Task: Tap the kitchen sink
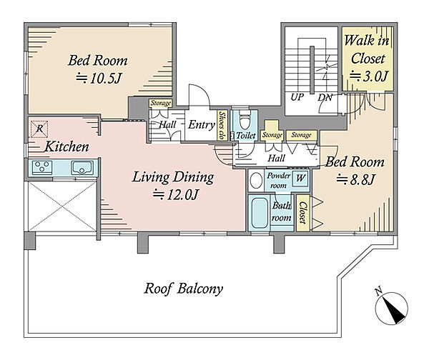tap(82, 168)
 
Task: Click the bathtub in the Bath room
tap(259, 213)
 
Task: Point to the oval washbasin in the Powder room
tap(257, 181)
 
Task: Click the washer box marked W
tap(300, 179)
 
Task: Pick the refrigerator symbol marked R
tap(39, 129)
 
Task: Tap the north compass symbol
tap(391, 308)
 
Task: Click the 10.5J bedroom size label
tap(98, 79)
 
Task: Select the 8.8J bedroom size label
tap(355, 179)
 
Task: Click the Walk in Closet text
tap(367, 49)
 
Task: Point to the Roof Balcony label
tap(183, 289)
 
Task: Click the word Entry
tap(202, 125)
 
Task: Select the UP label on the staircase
tap(297, 97)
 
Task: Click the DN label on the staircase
tap(325, 98)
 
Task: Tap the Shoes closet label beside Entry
tap(222, 126)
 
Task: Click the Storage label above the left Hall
tap(161, 103)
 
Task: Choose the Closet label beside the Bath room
tap(302, 213)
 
